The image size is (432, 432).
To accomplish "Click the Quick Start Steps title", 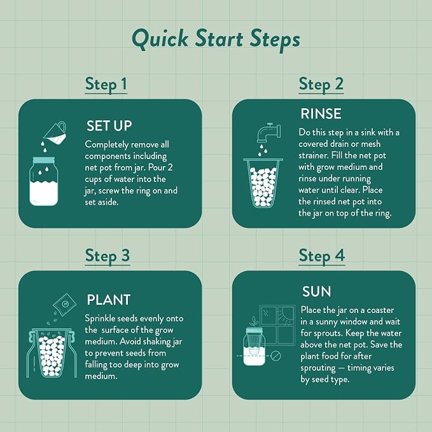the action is pyautogui.click(x=216, y=39).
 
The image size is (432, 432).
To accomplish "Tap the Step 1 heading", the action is pyautogui.click(x=106, y=84).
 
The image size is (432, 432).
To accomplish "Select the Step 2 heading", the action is pyautogui.click(x=321, y=84).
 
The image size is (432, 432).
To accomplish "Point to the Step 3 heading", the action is pyautogui.click(x=108, y=256).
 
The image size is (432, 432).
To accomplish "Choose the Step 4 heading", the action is pyautogui.click(x=322, y=256).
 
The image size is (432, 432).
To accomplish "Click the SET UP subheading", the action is pyautogui.click(x=109, y=126).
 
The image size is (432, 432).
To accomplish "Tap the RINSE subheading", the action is pyautogui.click(x=321, y=114).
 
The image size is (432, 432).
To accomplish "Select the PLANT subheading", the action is pyautogui.click(x=109, y=300).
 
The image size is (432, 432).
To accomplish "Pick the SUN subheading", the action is pyautogui.click(x=317, y=291).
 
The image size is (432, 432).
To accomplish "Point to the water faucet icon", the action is pyautogui.click(x=268, y=133).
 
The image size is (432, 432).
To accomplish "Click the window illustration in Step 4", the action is pyautogui.click(x=277, y=325).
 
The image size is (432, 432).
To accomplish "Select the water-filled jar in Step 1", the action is pyautogui.click(x=44, y=181).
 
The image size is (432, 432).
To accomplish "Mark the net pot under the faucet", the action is pyautogui.click(x=263, y=183).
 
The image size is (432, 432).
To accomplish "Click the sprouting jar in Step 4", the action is pyautogui.click(x=254, y=346).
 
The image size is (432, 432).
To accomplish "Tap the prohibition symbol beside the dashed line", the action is pyautogui.click(x=275, y=356).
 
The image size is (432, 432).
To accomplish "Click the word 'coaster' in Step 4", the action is pyautogui.click(x=380, y=310).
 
